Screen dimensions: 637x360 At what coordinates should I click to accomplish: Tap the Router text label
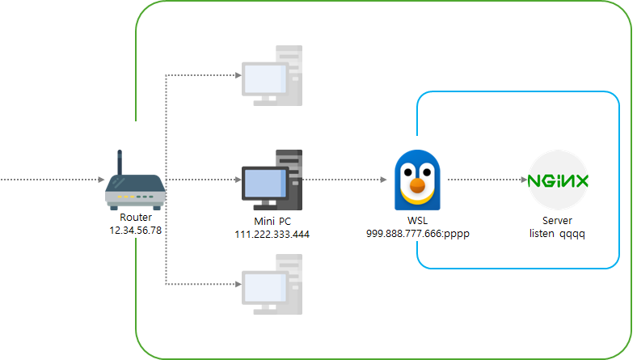(136, 218)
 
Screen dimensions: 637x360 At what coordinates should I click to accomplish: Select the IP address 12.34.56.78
(136, 231)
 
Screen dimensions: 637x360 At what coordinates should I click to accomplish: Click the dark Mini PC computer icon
(272, 180)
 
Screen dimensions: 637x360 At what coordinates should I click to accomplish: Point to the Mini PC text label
(272, 222)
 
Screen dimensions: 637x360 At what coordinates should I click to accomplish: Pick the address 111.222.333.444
(272, 235)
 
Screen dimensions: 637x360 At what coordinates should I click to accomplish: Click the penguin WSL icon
(417, 180)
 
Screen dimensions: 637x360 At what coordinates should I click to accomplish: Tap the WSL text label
(418, 221)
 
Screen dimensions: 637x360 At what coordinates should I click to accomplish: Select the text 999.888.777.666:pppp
(418, 234)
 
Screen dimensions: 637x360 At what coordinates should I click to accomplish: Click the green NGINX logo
(558, 180)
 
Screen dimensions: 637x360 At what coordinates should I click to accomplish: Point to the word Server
(558, 221)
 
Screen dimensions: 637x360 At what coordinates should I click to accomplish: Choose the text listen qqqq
(558, 234)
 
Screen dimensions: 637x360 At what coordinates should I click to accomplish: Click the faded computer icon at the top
(272, 76)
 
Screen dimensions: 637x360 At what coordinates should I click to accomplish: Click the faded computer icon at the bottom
(272, 284)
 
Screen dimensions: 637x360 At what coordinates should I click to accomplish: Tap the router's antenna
(120, 163)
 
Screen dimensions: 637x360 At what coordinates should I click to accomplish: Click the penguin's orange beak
(417, 185)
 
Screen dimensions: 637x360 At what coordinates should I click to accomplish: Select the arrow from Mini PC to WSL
(344, 180)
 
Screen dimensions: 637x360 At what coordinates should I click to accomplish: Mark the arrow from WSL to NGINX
(487, 180)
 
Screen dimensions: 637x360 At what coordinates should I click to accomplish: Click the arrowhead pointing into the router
(102, 180)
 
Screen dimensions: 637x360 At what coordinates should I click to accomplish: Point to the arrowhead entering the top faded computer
(238, 75)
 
